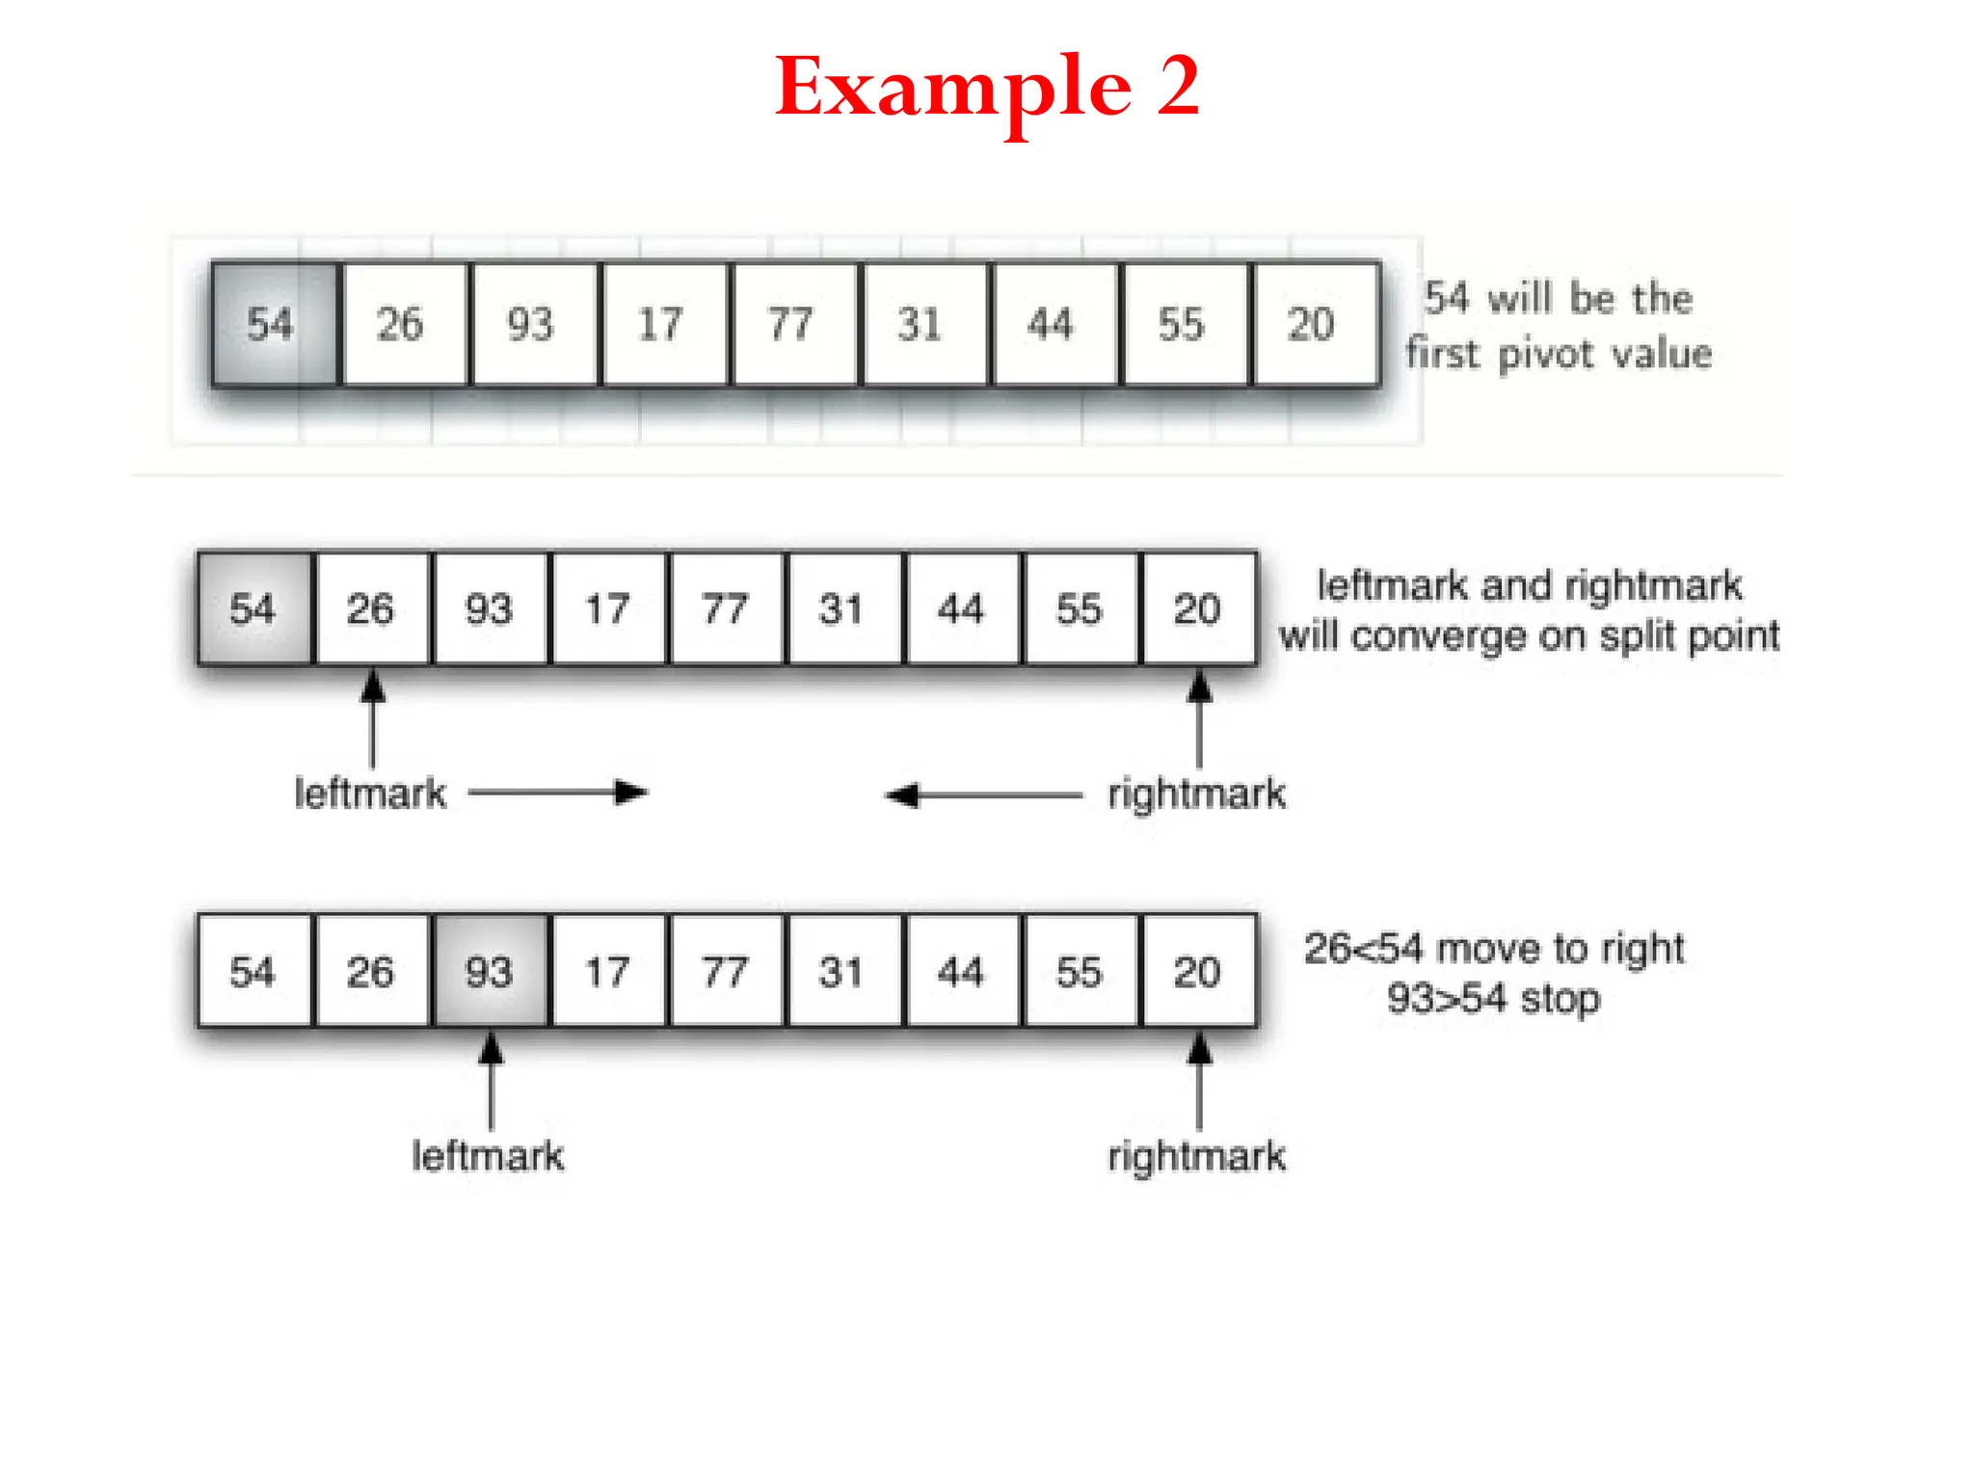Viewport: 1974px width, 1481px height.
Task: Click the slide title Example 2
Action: (987, 87)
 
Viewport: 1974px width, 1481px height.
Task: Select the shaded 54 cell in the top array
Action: (274, 324)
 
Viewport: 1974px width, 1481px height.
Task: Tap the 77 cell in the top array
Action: (792, 324)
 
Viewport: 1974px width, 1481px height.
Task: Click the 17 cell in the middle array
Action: (608, 609)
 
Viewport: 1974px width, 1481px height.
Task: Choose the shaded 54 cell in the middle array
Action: (254, 609)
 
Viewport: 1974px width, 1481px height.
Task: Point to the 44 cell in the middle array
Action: (962, 609)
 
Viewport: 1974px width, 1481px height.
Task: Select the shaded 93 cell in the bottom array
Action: (491, 971)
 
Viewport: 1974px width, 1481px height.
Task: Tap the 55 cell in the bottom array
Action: (1080, 971)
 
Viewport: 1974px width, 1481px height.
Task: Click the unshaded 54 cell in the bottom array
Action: (254, 971)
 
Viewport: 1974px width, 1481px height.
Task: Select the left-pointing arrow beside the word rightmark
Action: (983, 795)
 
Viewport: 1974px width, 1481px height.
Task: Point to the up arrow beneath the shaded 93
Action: (491, 1080)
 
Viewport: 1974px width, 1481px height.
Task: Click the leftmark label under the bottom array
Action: (488, 1155)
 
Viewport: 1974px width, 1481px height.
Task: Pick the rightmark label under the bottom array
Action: (1196, 1155)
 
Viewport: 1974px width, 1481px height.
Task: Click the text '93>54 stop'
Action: (1493, 999)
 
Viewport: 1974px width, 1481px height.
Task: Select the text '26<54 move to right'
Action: (1493, 949)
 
